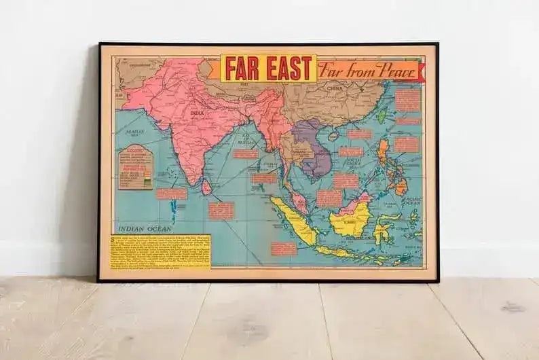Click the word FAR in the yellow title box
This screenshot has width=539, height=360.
[x=240, y=68]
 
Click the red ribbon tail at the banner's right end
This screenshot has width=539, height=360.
[x=420, y=71]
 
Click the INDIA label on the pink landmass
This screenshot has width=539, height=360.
[x=197, y=113]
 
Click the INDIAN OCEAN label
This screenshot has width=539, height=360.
[x=143, y=229]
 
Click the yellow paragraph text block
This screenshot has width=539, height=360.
[x=160, y=251]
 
